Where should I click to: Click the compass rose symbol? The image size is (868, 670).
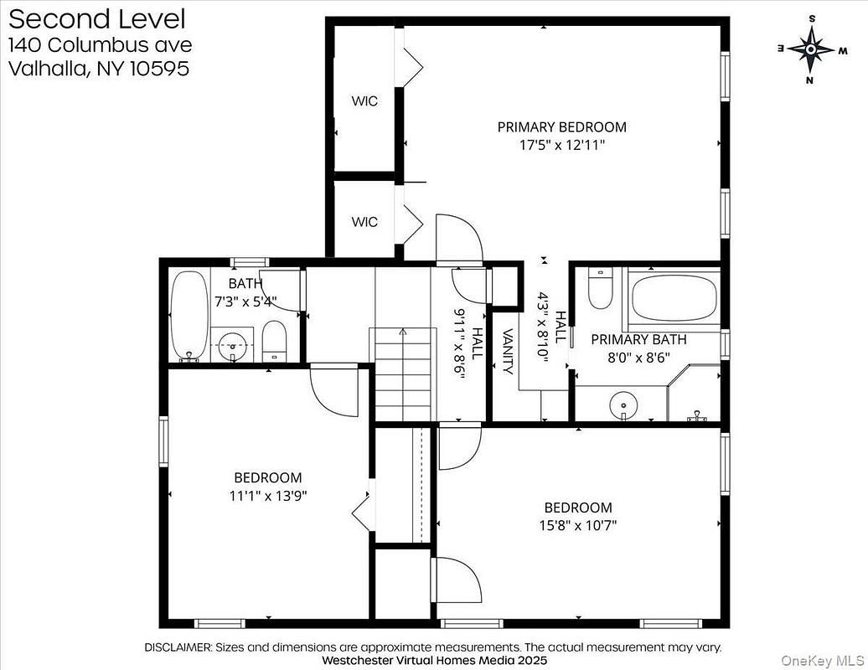coord(811,49)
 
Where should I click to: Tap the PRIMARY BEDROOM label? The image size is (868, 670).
coord(562,127)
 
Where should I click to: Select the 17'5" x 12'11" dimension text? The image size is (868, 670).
coord(562,146)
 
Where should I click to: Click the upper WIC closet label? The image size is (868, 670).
coord(364,101)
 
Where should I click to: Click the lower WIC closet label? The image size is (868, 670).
coord(364,222)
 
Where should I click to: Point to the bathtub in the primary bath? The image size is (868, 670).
coord(674,297)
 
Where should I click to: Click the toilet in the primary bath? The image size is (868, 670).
coord(600,288)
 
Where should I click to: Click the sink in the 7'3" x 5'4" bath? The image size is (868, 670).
coord(233,345)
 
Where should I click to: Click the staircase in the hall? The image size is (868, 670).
coord(403,374)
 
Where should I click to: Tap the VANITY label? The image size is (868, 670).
coord(509,351)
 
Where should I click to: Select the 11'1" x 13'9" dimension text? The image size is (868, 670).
coord(268,495)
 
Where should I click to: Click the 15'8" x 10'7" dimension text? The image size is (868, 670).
coord(578,525)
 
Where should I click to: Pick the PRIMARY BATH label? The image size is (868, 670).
coord(638,340)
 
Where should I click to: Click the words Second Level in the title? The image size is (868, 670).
coord(97,19)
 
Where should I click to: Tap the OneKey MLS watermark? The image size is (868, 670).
coord(822,660)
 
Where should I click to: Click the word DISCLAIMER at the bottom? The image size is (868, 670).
coord(178,647)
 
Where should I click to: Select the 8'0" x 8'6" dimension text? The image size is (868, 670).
coord(638,358)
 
